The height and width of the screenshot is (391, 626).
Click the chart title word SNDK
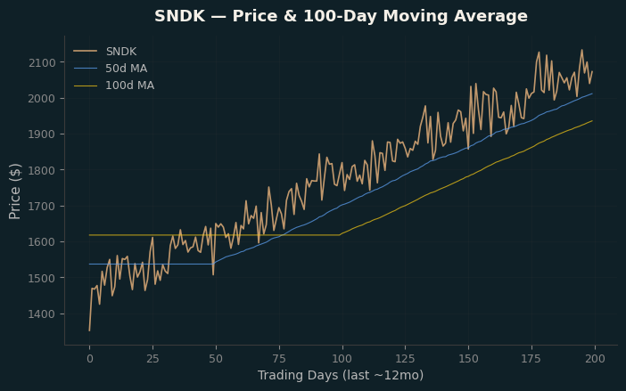coord(179,16)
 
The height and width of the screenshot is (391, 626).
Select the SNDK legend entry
coord(105,52)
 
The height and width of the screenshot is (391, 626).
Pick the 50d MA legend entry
coord(111,69)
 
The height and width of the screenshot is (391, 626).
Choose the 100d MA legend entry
coord(114,86)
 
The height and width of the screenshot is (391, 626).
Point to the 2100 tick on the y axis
coord(42,62)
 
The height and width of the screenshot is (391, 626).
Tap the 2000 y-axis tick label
coord(42,99)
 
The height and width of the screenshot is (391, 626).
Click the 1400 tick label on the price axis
coord(42,314)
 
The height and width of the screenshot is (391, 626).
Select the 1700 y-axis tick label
coord(42,206)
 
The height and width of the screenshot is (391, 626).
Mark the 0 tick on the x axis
coord(90,359)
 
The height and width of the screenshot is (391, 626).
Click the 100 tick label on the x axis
coord(342,359)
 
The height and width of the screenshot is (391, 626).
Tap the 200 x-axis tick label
coord(595,359)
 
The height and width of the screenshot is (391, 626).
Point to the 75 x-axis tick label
coord(279,359)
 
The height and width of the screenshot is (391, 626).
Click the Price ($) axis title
coord(15,191)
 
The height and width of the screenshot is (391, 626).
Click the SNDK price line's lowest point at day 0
coord(89,330)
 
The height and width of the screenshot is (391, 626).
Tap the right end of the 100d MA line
coord(592,120)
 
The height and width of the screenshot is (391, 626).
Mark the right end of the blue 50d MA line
coord(592,94)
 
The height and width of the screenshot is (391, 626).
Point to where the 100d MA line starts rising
coord(340,235)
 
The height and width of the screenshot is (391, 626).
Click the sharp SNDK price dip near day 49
coord(213,274)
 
